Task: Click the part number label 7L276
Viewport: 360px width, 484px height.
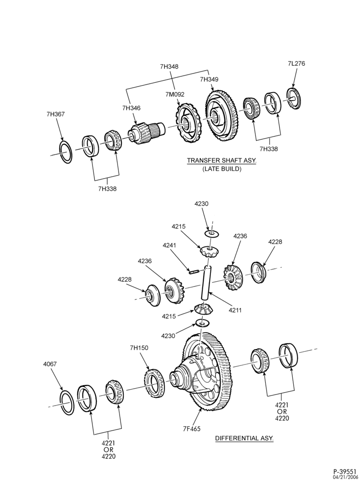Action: (296, 63)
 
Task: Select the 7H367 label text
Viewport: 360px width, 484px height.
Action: (56, 114)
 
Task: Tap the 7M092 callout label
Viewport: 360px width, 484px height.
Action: (175, 94)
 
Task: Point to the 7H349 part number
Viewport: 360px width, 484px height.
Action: (209, 79)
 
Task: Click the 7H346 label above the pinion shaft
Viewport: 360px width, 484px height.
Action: (131, 108)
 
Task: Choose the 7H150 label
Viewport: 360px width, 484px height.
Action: (139, 348)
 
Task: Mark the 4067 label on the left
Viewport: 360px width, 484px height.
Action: (50, 364)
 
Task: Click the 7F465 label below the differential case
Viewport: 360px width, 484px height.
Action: (191, 428)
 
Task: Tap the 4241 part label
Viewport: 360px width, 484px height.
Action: (169, 245)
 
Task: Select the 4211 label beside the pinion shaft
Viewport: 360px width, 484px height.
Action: (235, 310)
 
